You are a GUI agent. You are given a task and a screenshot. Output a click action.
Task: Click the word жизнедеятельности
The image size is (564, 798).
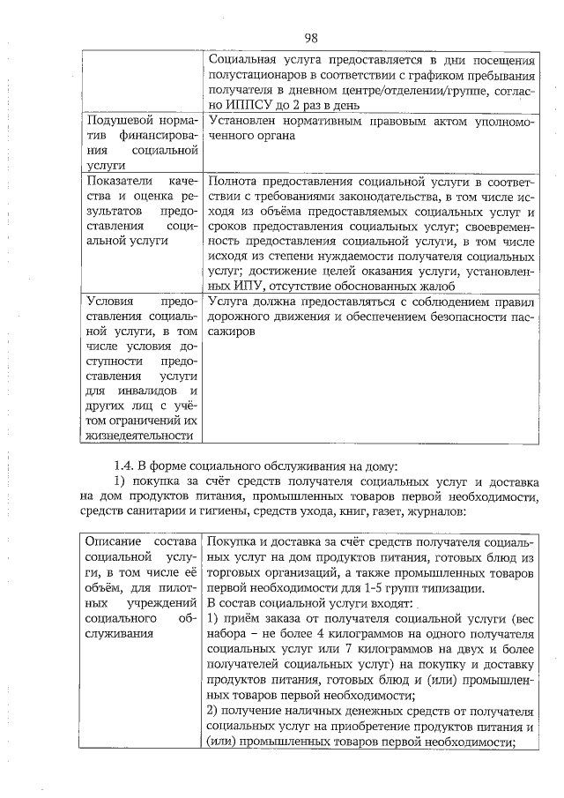point(139,436)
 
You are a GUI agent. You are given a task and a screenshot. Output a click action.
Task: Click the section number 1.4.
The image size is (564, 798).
point(125,466)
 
